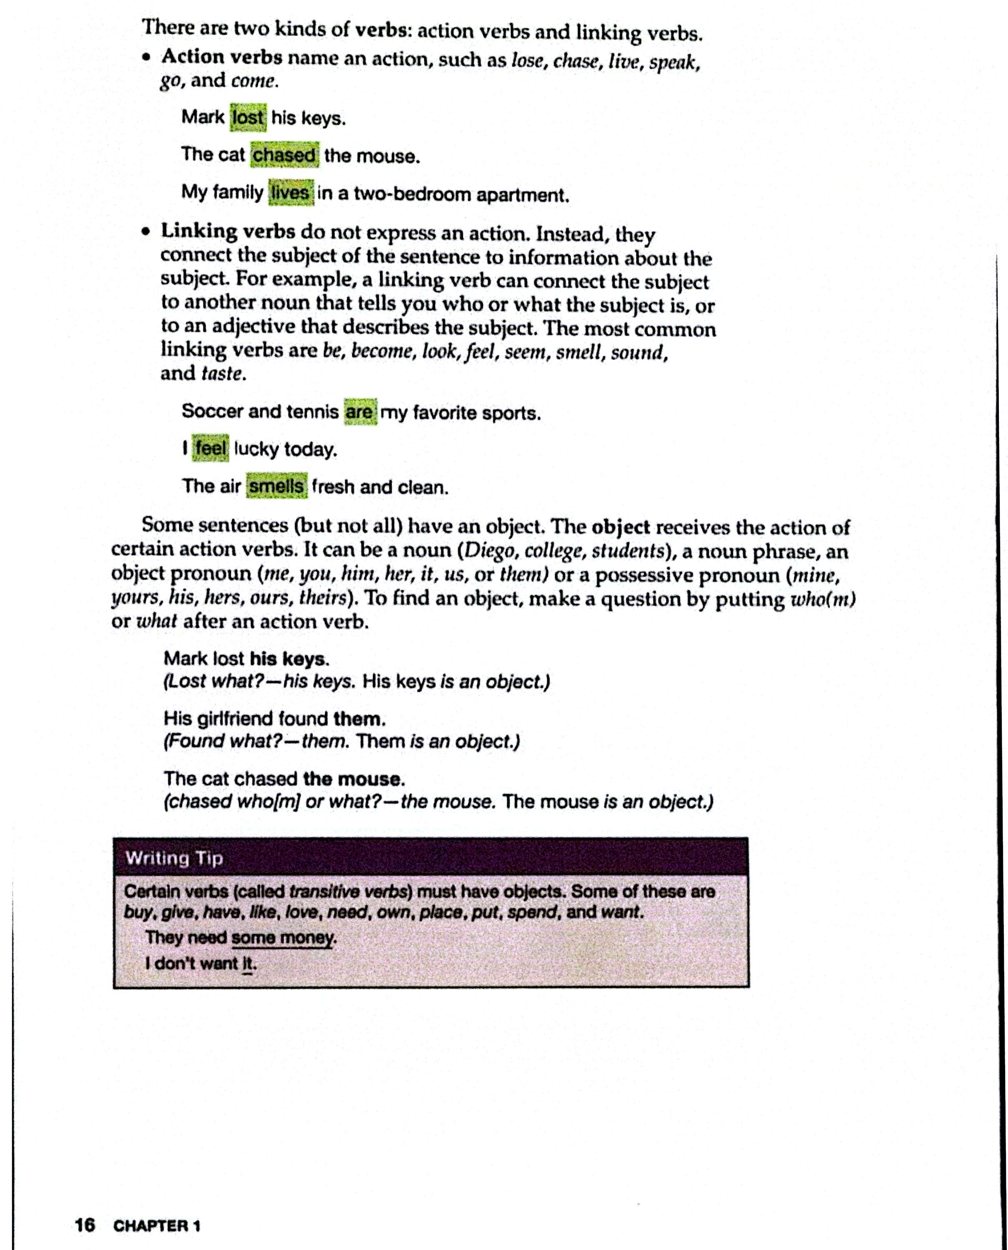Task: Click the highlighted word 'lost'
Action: tap(248, 118)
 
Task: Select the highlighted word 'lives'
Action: tap(290, 193)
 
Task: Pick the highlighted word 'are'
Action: tap(360, 412)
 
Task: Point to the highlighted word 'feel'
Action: tap(210, 449)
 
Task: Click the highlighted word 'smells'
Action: tap(276, 486)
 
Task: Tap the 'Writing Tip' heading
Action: tap(174, 858)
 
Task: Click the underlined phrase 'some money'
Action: tap(283, 937)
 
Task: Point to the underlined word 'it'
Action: tap(248, 964)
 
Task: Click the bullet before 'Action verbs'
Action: tap(149, 57)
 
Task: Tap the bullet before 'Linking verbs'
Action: tap(148, 232)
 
